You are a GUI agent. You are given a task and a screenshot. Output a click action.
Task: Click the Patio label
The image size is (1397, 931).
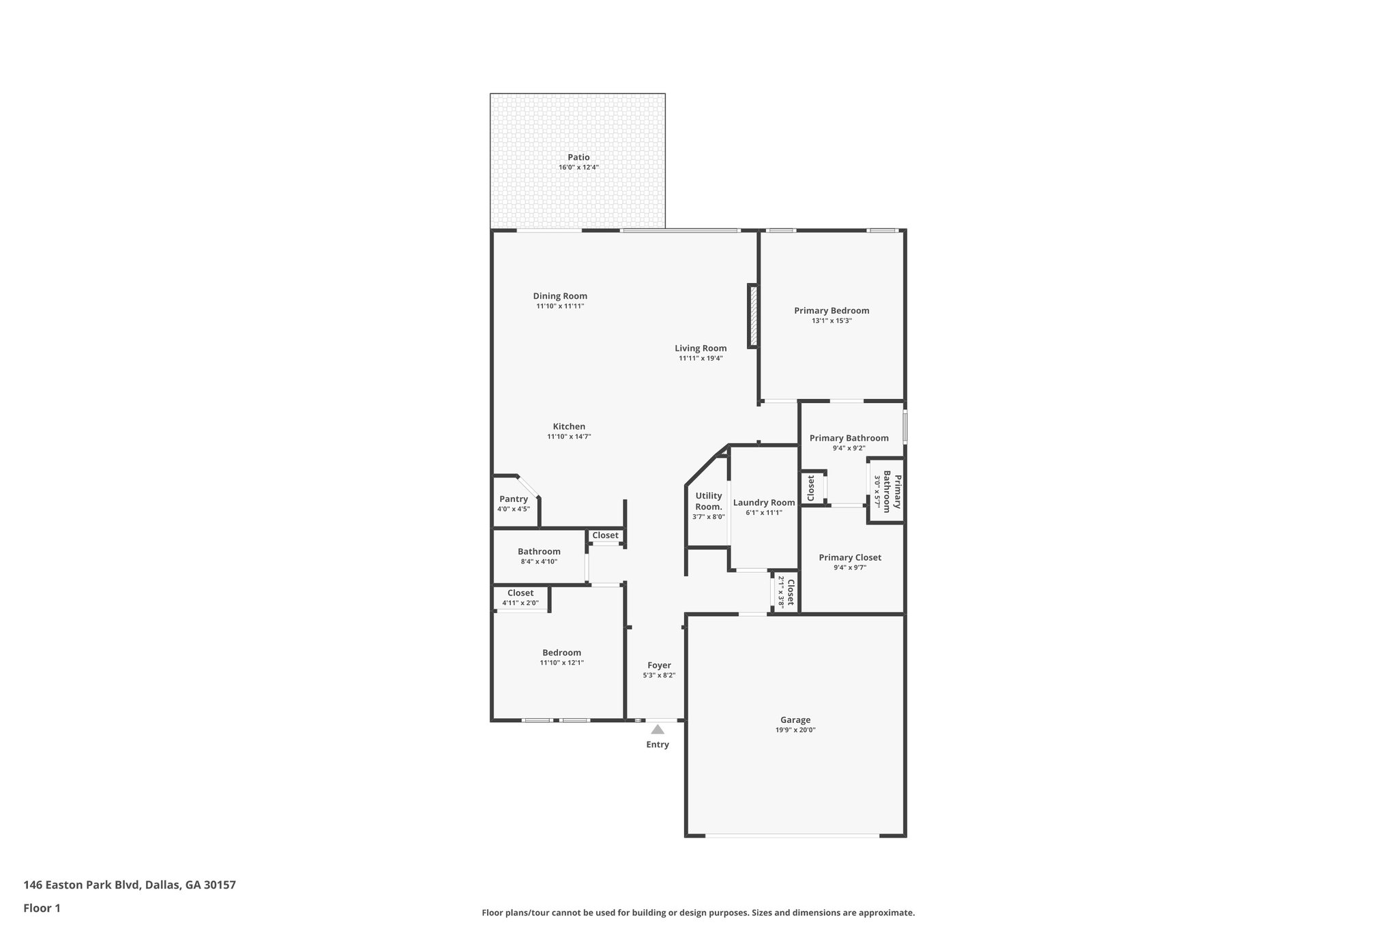pyautogui.click(x=578, y=158)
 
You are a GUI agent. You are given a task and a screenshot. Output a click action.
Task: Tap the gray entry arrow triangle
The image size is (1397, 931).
pyautogui.click(x=658, y=730)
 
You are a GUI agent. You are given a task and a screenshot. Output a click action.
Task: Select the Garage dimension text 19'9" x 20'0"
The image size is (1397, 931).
pyautogui.click(x=795, y=730)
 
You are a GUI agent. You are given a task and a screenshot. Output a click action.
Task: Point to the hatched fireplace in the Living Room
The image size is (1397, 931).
pyautogui.click(x=754, y=316)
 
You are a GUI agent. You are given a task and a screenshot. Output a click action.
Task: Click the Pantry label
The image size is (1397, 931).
pyautogui.click(x=514, y=499)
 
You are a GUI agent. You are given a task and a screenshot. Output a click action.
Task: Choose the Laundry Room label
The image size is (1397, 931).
pyautogui.click(x=764, y=503)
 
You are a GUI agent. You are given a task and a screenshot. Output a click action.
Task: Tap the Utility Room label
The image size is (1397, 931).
pyautogui.click(x=709, y=501)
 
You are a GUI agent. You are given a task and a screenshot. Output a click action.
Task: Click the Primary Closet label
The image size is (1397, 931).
pyautogui.click(x=850, y=557)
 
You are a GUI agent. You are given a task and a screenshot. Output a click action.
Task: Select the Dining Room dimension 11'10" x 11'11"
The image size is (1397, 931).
pyautogui.click(x=560, y=306)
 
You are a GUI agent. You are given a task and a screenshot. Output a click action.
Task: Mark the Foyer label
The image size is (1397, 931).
pyautogui.click(x=659, y=665)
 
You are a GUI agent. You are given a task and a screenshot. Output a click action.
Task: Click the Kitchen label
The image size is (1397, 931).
pyautogui.click(x=569, y=426)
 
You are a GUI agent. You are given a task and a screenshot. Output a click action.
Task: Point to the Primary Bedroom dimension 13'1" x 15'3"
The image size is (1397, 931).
pyautogui.click(x=832, y=321)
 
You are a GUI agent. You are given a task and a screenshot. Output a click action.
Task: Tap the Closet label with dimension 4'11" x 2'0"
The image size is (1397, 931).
pyautogui.click(x=520, y=593)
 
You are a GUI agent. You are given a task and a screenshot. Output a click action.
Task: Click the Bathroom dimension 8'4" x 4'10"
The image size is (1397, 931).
pyautogui.click(x=539, y=561)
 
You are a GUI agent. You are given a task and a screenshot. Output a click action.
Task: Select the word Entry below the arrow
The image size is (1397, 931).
pyautogui.click(x=658, y=744)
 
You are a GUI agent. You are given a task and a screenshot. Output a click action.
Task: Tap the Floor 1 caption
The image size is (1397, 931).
pyautogui.click(x=42, y=908)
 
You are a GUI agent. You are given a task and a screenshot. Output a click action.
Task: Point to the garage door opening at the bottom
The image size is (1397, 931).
pyautogui.click(x=792, y=836)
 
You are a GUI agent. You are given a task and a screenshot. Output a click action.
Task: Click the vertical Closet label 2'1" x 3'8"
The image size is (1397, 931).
pyautogui.click(x=790, y=592)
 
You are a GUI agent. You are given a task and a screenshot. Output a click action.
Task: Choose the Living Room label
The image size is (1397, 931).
pyautogui.click(x=701, y=348)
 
